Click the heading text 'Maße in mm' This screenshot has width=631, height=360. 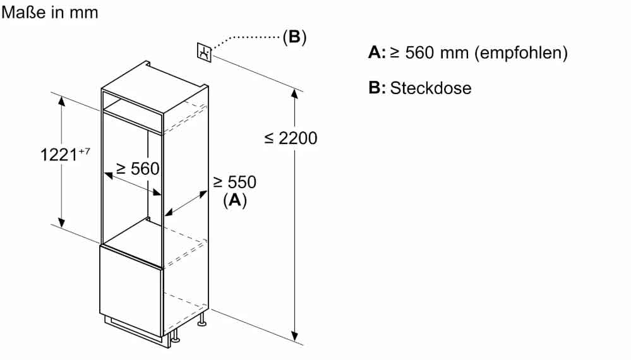[51, 12]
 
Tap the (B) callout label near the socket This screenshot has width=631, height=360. [294, 37]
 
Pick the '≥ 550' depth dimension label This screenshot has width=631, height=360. [234, 183]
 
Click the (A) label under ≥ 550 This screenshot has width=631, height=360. [234, 200]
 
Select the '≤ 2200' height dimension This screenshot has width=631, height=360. [291, 138]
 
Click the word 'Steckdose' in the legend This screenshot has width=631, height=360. [431, 88]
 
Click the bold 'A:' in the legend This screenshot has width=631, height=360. [376, 53]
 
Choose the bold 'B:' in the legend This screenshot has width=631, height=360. [376, 88]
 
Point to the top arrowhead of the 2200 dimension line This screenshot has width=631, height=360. [294, 93]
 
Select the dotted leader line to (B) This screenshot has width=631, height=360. [246, 38]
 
